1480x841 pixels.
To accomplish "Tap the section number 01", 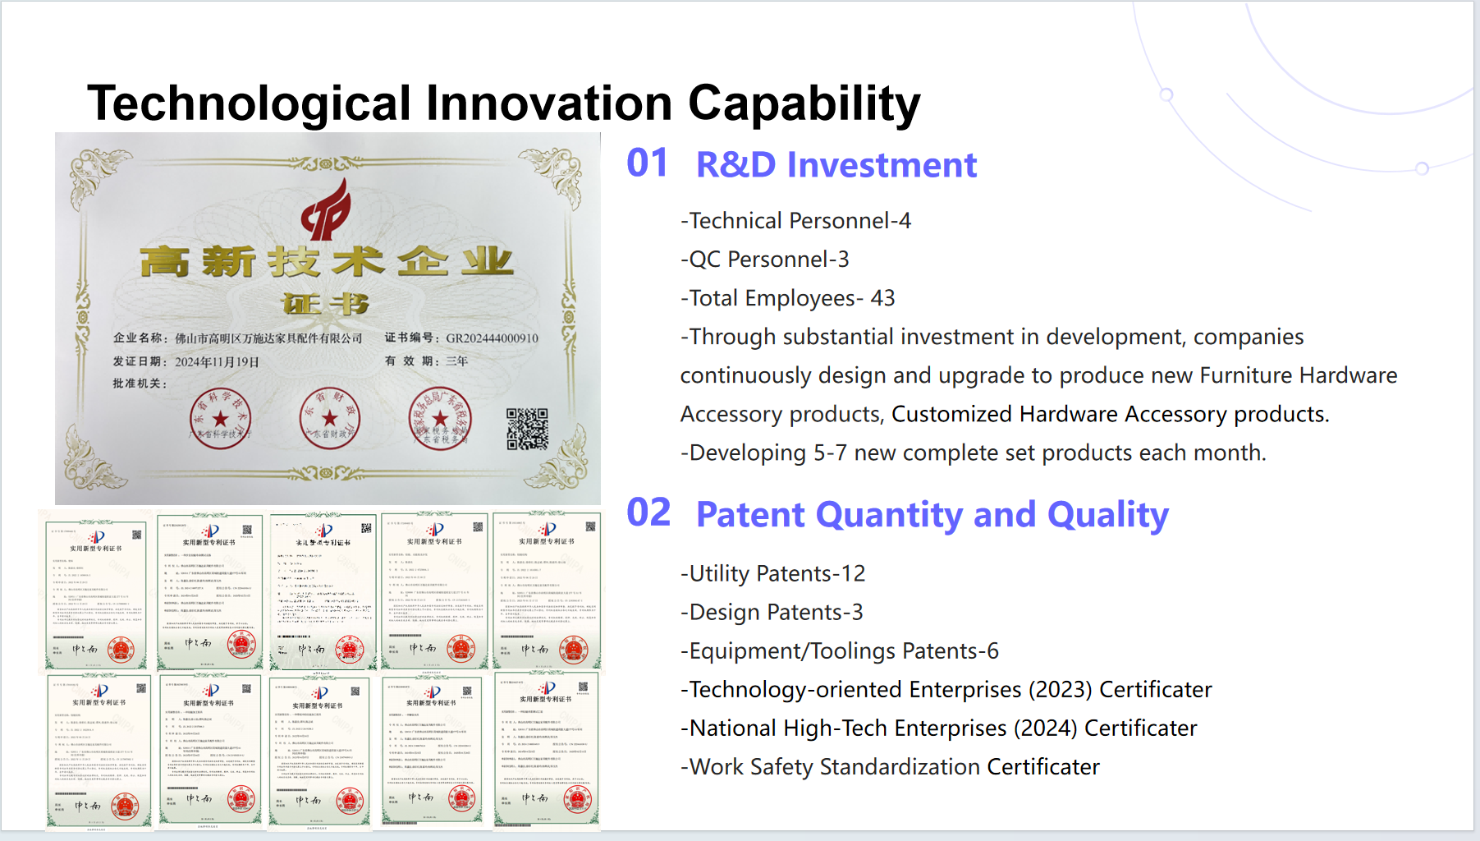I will [647, 163].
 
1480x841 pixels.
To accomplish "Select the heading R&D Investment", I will [836, 164].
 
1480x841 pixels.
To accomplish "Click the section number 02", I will [648, 513].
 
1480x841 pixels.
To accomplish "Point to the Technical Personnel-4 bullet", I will [796, 221].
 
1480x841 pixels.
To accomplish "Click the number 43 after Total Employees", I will [882, 298].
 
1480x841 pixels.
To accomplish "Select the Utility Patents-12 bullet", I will [773, 573].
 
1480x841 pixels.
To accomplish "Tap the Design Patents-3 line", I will [772, 612].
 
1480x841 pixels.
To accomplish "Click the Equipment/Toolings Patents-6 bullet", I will [840, 650].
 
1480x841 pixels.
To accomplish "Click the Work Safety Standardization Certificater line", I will [891, 767].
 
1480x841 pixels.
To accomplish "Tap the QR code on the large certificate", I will [527, 429].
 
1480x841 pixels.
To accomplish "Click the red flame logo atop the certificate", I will [327, 210].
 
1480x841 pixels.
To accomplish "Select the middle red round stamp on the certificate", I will [330, 418].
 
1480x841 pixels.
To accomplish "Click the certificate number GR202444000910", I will [492, 338].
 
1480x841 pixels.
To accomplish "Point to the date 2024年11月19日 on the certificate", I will [217, 362].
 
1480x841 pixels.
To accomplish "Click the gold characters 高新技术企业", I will [327, 262].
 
